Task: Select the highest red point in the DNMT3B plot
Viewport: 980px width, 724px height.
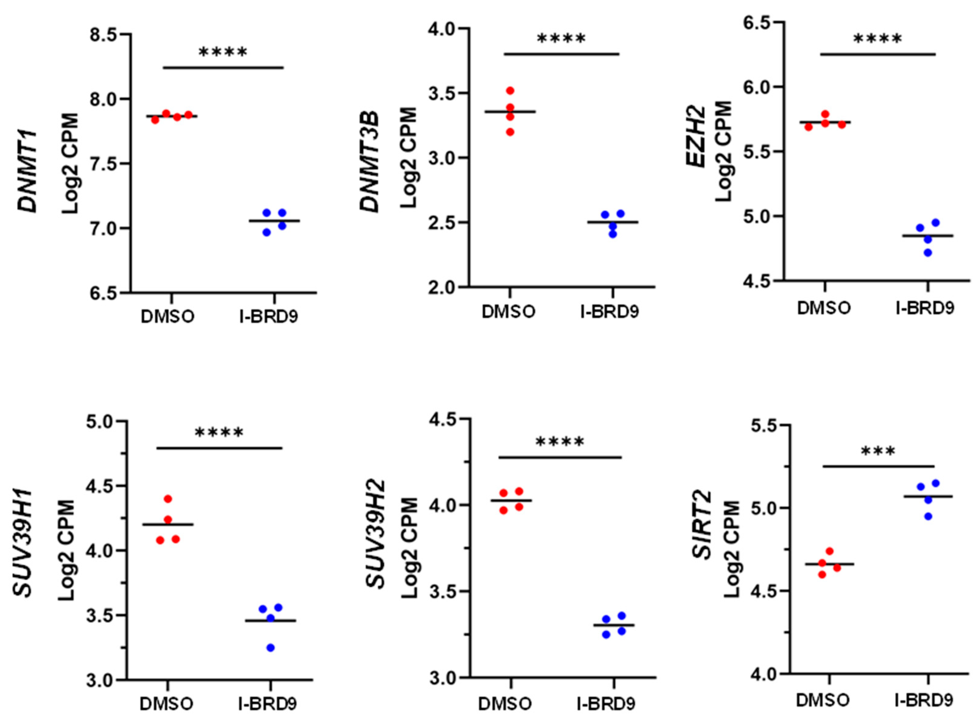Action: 510,91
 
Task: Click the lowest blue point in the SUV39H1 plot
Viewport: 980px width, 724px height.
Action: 271,648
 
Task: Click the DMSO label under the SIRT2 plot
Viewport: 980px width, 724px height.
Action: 823,700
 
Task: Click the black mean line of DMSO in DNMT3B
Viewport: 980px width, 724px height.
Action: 510,112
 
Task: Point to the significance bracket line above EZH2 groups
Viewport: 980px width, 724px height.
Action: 878,54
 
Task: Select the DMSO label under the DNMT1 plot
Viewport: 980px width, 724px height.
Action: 167,317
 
